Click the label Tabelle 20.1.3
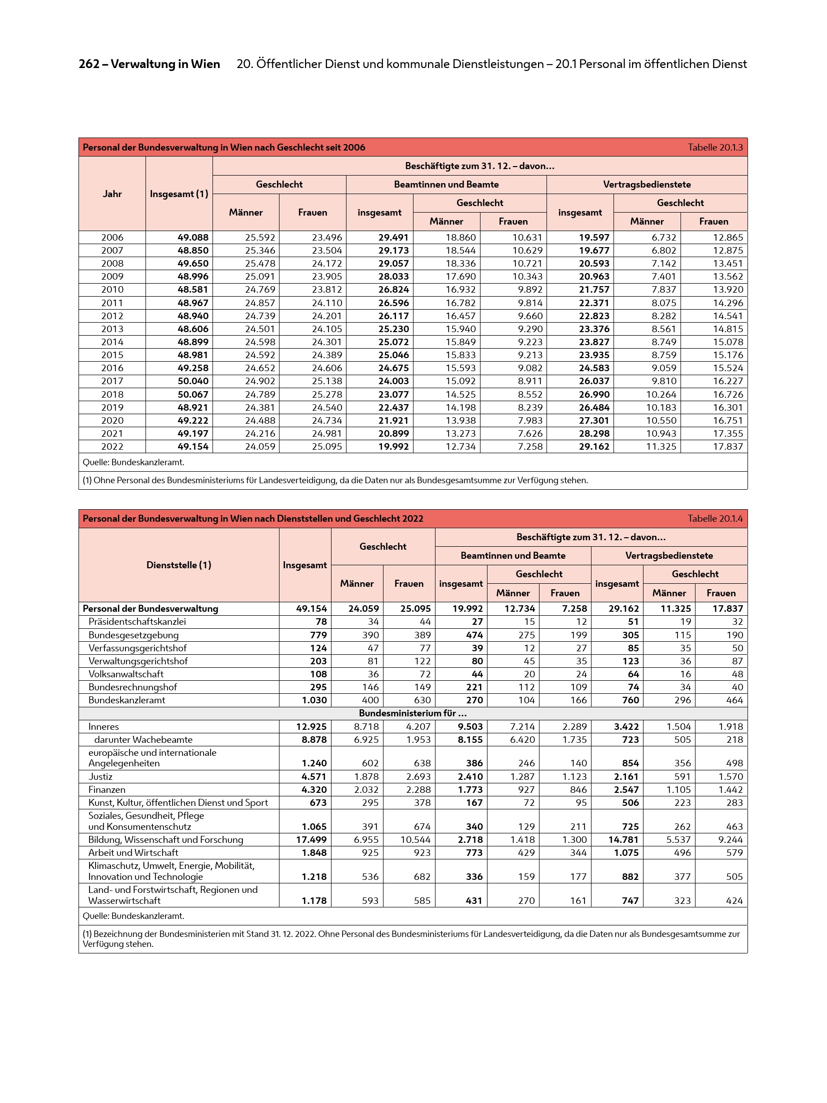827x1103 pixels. coord(714,148)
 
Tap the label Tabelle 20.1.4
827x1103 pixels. coord(714,519)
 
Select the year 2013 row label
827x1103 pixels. coord(112,329)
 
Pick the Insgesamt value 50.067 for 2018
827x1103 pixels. coord(193,394)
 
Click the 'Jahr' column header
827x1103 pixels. coord(112,194)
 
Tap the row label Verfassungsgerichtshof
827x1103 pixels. coord(137,648)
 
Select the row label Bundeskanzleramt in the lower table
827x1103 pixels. coord(126,700)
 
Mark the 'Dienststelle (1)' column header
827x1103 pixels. coord(178,565)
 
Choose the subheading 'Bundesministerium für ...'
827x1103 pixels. coord(412,713)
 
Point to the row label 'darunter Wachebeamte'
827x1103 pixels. coord(143,740)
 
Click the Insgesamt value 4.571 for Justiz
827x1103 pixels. coord(314,777)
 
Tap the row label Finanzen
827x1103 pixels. coord(106,790)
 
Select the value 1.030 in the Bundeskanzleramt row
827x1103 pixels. coord(314,700)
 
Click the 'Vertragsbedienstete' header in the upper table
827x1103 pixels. coord(646,185)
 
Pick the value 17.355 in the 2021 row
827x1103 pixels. coord(727,434)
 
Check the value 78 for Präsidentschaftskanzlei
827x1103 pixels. coord(321,622)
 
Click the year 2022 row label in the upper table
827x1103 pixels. coord(112,447)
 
